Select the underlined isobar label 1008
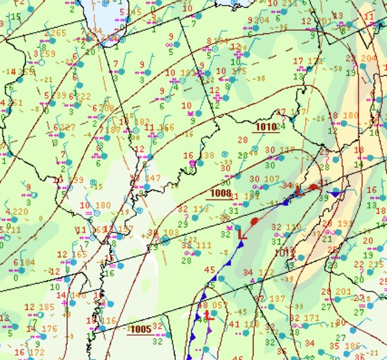click(x=220, y=193)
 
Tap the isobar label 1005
click(x=141, y=329)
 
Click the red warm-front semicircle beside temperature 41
click(x=313, y=187)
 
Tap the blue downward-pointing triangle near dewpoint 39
click(x=335, y=193)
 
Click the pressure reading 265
click(x=58, y=33)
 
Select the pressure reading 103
click(x=171, y=233)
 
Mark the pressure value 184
click(x=28, y=262)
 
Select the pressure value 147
click(x=153, y=178)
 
